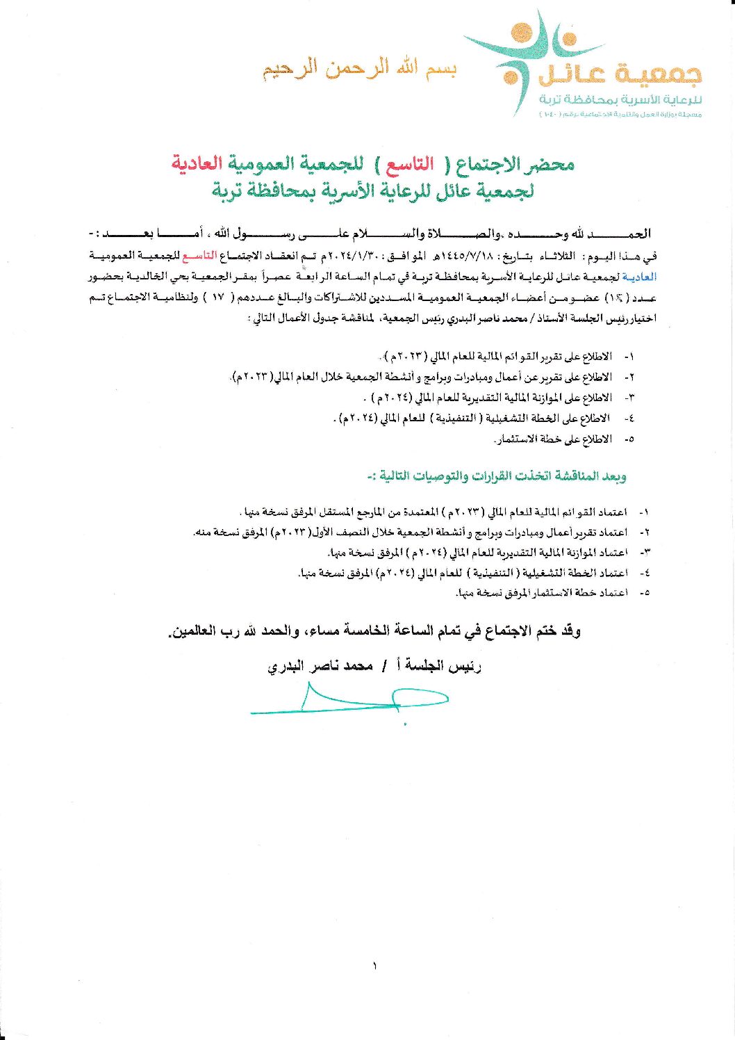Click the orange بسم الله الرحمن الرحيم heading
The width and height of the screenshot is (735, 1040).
coord(359,70)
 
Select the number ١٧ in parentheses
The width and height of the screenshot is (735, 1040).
coord(217,298)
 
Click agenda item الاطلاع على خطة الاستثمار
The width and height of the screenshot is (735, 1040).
coord(553,439)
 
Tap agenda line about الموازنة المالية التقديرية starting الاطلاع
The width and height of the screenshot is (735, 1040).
coord(488,398)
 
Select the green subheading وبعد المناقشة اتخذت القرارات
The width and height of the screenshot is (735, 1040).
coord(496,476)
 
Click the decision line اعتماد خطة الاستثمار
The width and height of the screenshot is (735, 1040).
coord(542,593)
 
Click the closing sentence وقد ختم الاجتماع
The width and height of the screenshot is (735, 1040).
coord(374,632)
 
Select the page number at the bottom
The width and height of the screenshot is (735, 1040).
coord(374,966)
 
